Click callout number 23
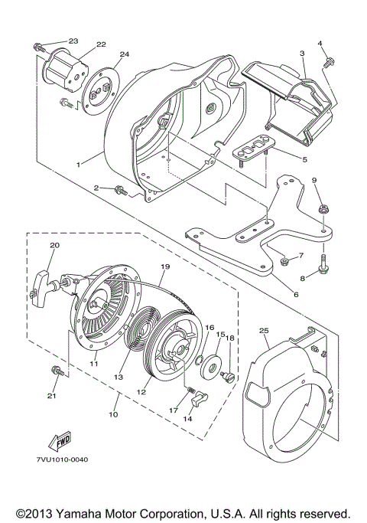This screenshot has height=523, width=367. point(73,41)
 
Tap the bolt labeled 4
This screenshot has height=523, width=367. point(328,59)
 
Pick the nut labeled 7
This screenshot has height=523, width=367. point(284,262)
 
